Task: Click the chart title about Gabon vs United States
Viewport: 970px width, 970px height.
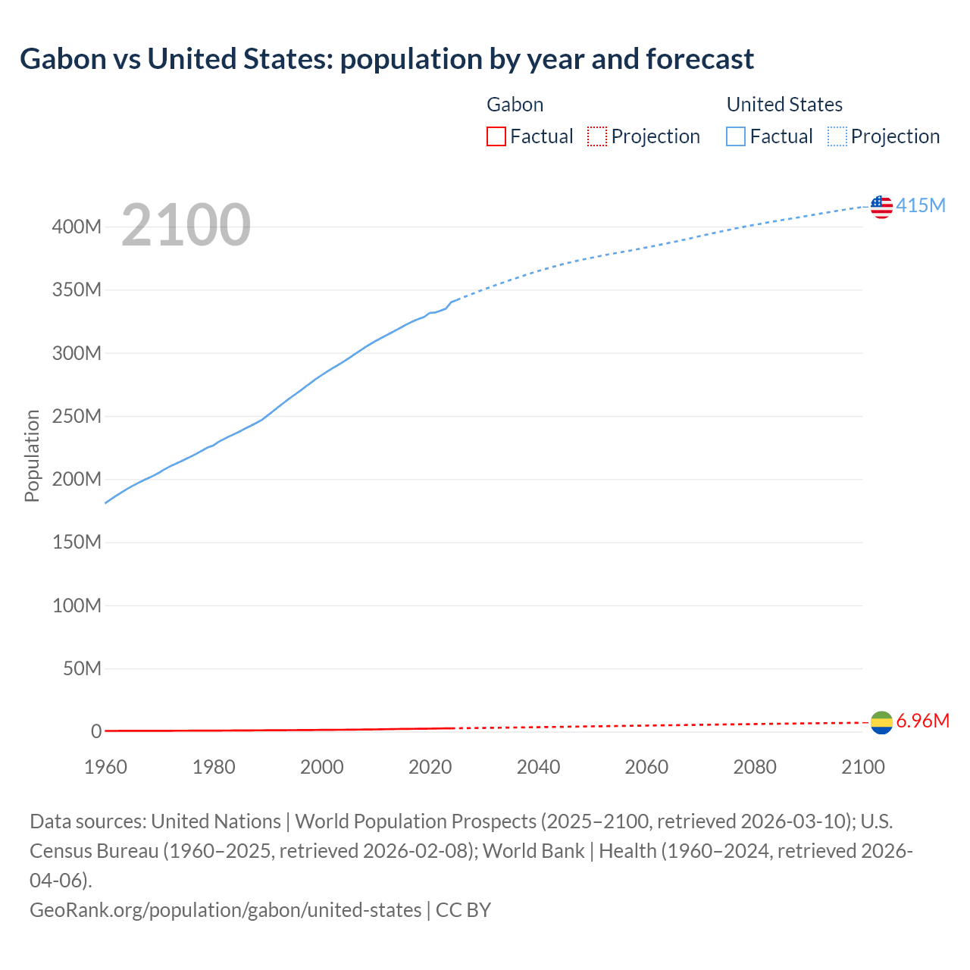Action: tap(386, 58)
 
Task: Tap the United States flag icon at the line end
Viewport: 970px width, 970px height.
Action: tap(881, 206)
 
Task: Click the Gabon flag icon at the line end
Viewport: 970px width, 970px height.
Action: tap(881, 722)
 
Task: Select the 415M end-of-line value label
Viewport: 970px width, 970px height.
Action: tap(921, 205)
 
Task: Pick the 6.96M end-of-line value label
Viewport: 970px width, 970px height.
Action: tap(922, 721)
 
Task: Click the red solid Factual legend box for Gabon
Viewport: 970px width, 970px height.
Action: tap(496, 136)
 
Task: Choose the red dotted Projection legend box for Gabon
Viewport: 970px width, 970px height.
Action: tap(597, 136)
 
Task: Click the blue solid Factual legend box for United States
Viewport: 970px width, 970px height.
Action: tap(736, 136)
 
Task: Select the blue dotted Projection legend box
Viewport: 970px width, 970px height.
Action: tap(837, 136)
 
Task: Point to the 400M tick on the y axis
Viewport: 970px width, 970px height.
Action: tap(77, 227)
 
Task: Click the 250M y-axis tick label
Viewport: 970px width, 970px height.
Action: tap(77, 416)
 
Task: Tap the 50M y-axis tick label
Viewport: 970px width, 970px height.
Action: tap(82, 668)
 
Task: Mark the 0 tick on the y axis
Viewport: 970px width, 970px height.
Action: tap(96, 731)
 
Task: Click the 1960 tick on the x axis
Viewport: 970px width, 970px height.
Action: tap(105, 767)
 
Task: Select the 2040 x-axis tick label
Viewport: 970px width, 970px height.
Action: tap(538, 767)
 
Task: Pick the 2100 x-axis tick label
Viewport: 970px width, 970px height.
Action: tap(863, 767)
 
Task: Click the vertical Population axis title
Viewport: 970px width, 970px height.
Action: tap(32, 455)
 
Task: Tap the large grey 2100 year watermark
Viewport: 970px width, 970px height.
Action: tap(186, 225)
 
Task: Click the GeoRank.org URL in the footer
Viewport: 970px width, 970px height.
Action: tap(225, 909)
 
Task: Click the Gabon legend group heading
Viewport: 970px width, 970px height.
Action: tap(515, 105)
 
